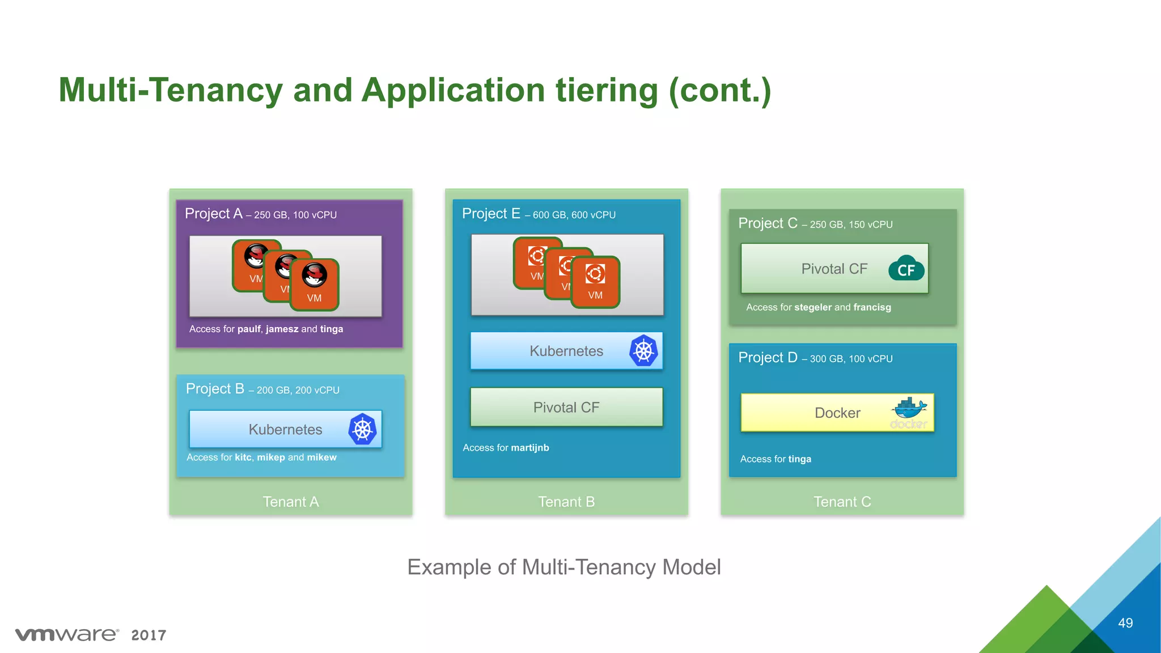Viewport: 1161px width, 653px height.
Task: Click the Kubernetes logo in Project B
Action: click(x=363, y=429)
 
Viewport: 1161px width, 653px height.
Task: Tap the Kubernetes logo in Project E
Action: click(x=643, y=351)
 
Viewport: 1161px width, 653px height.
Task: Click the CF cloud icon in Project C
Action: click(x=906, y=269)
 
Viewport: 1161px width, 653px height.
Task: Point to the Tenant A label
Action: click(x=291, y=502)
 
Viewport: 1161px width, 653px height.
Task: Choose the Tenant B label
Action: click(x=566, y=502)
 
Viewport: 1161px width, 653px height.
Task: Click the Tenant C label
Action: click(x=842, y=502)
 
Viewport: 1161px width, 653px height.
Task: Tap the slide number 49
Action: click(x=1125, y=623)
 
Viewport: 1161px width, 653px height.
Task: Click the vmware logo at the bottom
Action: click(x=67, y=634)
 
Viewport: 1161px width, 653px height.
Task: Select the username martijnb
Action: click(x=530, y=448)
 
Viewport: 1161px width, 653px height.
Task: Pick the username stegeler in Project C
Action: click(x=813, y=307)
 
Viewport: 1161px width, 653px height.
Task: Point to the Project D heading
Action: click(x=768, y=358)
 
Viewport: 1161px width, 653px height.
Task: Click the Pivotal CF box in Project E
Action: click(x=566, y=407)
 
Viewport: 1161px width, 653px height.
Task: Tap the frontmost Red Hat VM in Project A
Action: click(x=314, y=285)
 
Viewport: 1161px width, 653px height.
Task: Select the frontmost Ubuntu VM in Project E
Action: click(x=595, y=282)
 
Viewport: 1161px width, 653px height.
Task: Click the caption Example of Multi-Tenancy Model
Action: click(x=564, y=567)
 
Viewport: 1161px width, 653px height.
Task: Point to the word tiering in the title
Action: click(x=607, y=90)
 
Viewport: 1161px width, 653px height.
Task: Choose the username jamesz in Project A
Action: click(x=282, y=329)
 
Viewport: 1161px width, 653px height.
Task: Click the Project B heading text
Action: click(x=215, y=389)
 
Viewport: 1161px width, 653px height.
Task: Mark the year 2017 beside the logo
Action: click(x=149, y=635)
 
